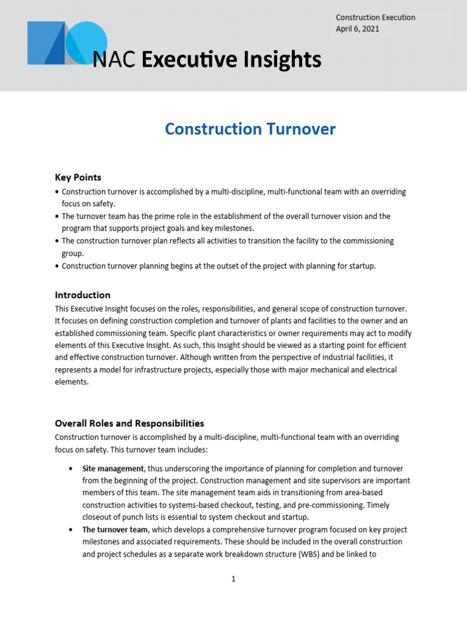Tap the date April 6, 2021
click(359, 29)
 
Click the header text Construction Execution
click(375, 18)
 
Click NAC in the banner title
click(114, 60)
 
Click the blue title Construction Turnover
click(250, 129)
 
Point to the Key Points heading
click(78, 177)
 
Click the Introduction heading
click(83, 294)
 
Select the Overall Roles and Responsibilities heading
click(130, 423)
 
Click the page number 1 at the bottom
click(233, 579)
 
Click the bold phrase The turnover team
click(115, 529)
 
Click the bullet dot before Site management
click(71, 468)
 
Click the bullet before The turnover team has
click(57, 216)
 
